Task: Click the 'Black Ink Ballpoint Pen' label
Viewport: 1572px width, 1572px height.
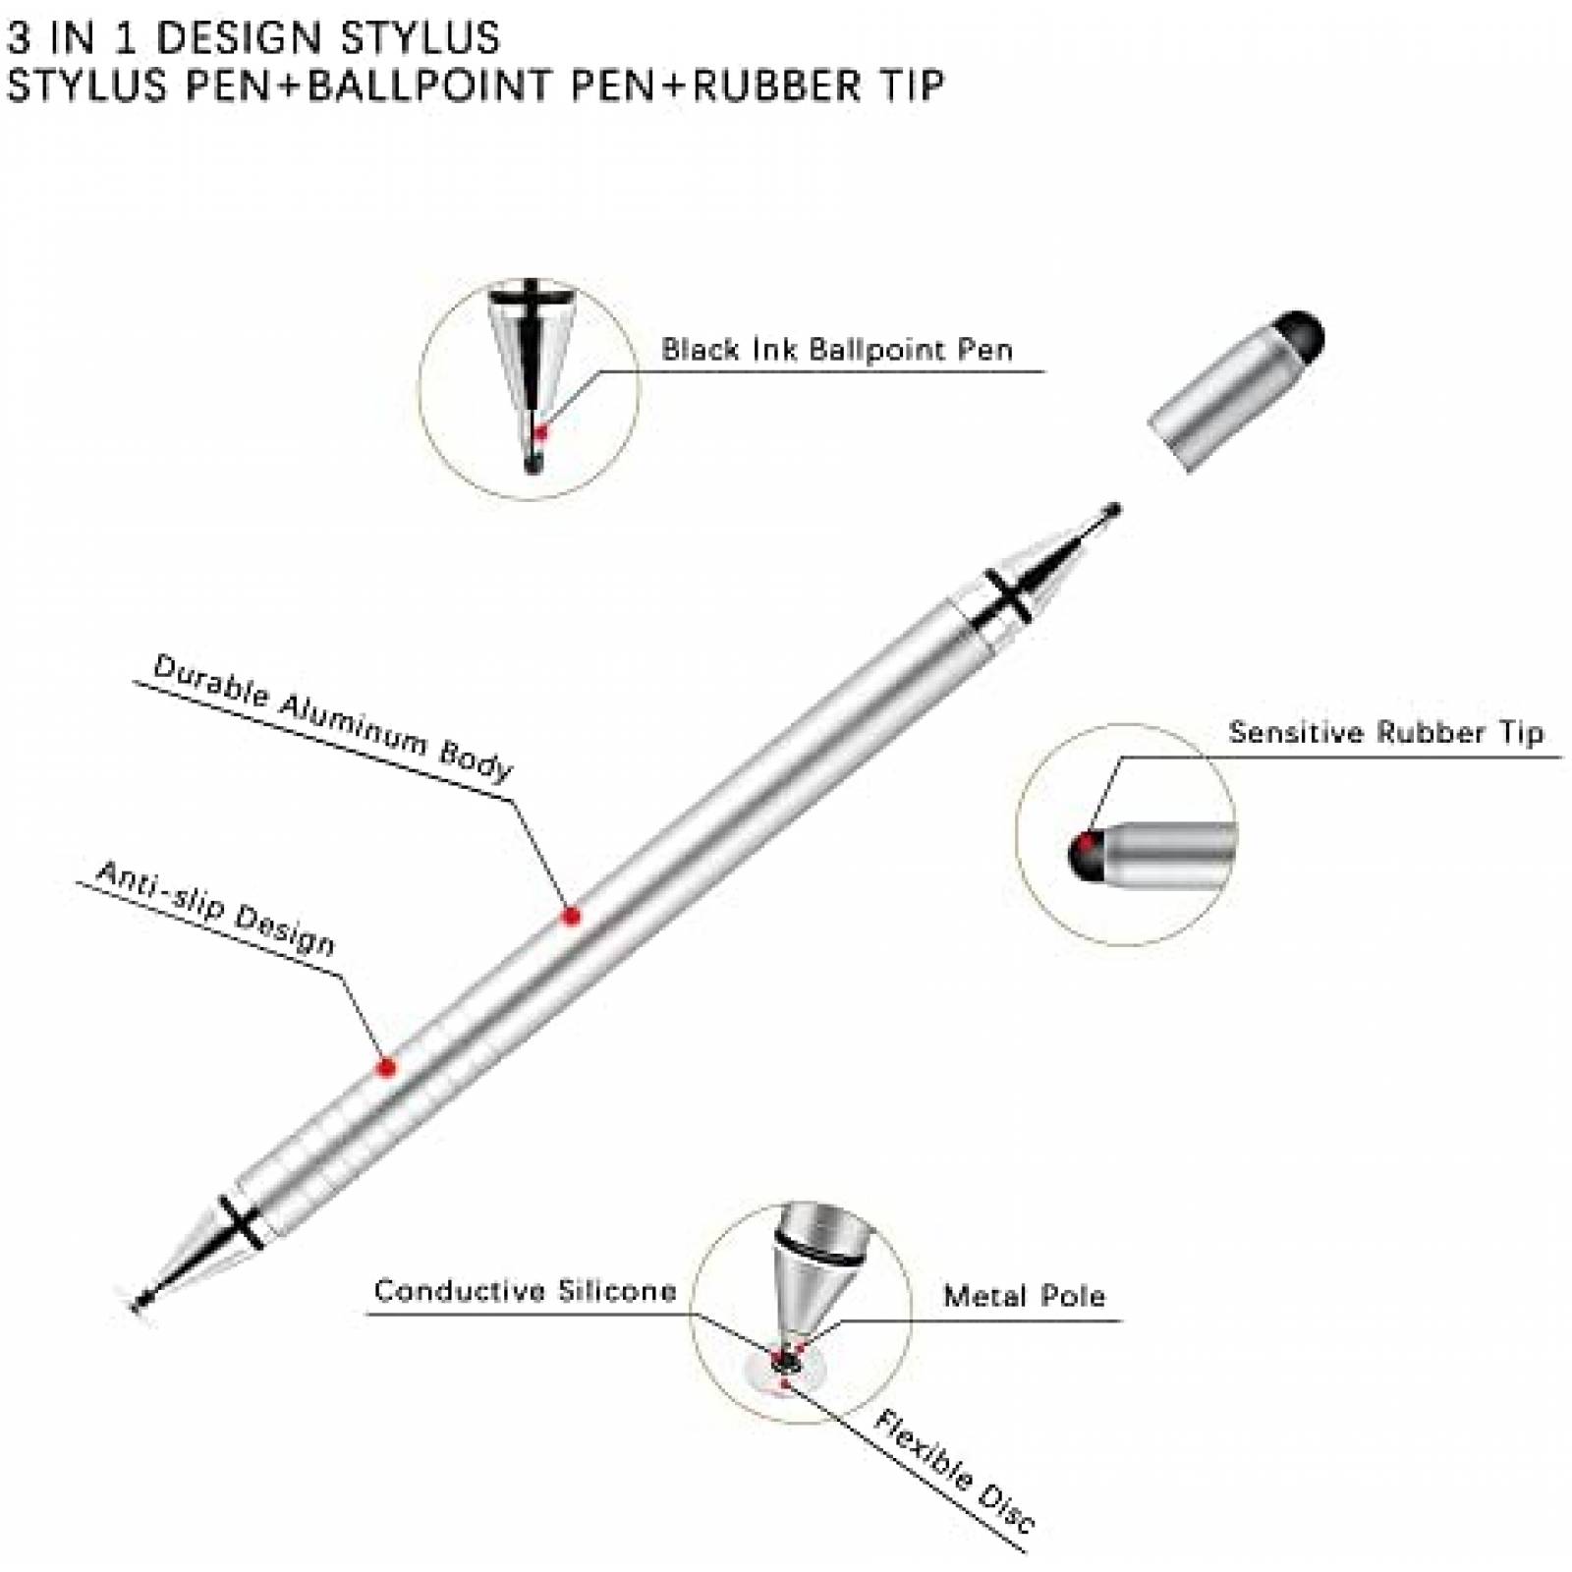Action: click(836, 349)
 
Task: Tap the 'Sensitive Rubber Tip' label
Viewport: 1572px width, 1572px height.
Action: click(1386, 732)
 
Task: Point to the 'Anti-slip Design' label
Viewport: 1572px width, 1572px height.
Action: click(216, 908)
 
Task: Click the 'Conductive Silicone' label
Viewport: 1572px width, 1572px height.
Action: click(526, 1290)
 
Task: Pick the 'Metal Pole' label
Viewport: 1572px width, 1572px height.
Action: click(1025, 1296)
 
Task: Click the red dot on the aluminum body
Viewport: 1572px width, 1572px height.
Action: click(571, 917)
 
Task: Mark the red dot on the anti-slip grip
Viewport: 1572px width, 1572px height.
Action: click(386, 1067)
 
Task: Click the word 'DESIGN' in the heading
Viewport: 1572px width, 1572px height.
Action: click(240, 37)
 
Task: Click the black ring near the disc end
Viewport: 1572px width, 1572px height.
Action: click(241, 1222)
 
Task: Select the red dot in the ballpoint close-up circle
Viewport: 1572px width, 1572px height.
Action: click(538, 431)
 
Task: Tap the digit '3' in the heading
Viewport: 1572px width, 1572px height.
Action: click(18, 37)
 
